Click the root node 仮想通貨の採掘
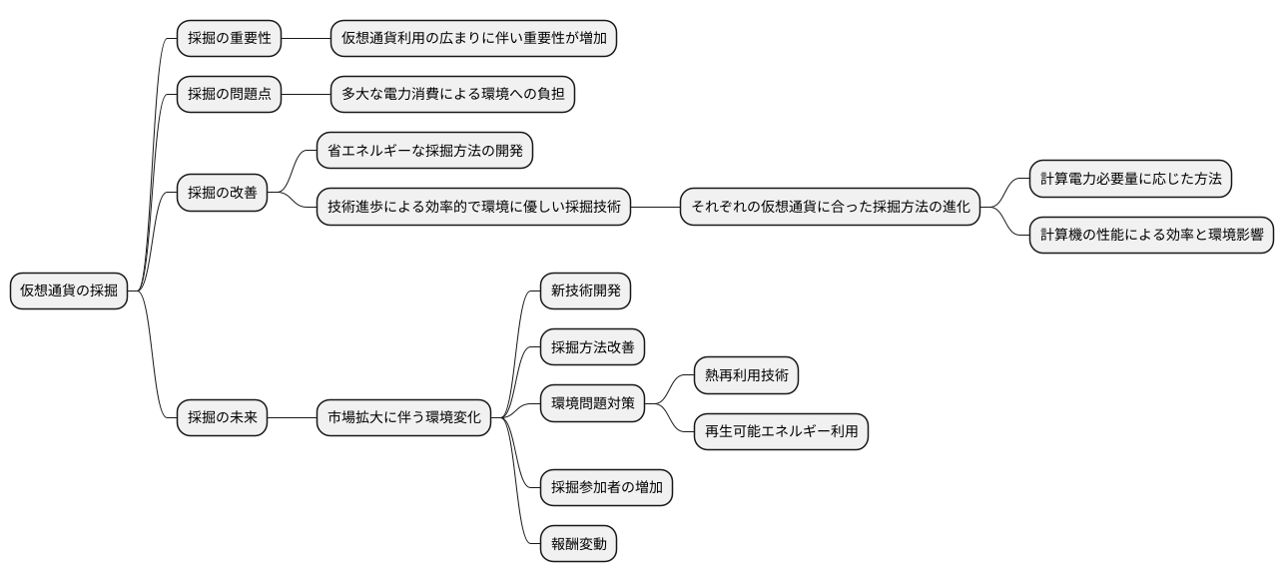click(x=69, y=291)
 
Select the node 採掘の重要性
click(x=229, y=39)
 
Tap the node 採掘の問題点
click(x=229, y=95)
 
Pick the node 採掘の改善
click(x=222, y=193)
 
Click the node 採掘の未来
click(x=222, y=417)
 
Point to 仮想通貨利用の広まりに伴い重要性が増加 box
click(x=473, y=39)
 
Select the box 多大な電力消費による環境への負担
click(x=452, y=95)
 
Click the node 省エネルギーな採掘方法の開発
click(x=424, y=151)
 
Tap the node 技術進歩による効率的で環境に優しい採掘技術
click(x=473, y=208)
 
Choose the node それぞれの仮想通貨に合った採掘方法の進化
click(x=830, y=208)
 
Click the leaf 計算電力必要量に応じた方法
click(x=1130, y=179)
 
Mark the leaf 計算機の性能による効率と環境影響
click(x=1151, y=235)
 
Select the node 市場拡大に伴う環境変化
click(x=403, y=417)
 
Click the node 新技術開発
click(x=585, y=291)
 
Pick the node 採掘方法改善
click(x=592, y=347)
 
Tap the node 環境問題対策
click(x=592, y=404)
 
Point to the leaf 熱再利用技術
click(x=746, y=375)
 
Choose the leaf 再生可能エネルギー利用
click(x=781, y=432)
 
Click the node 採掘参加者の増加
click(x=606, y=488)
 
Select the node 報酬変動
click(x=578, y=544)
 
